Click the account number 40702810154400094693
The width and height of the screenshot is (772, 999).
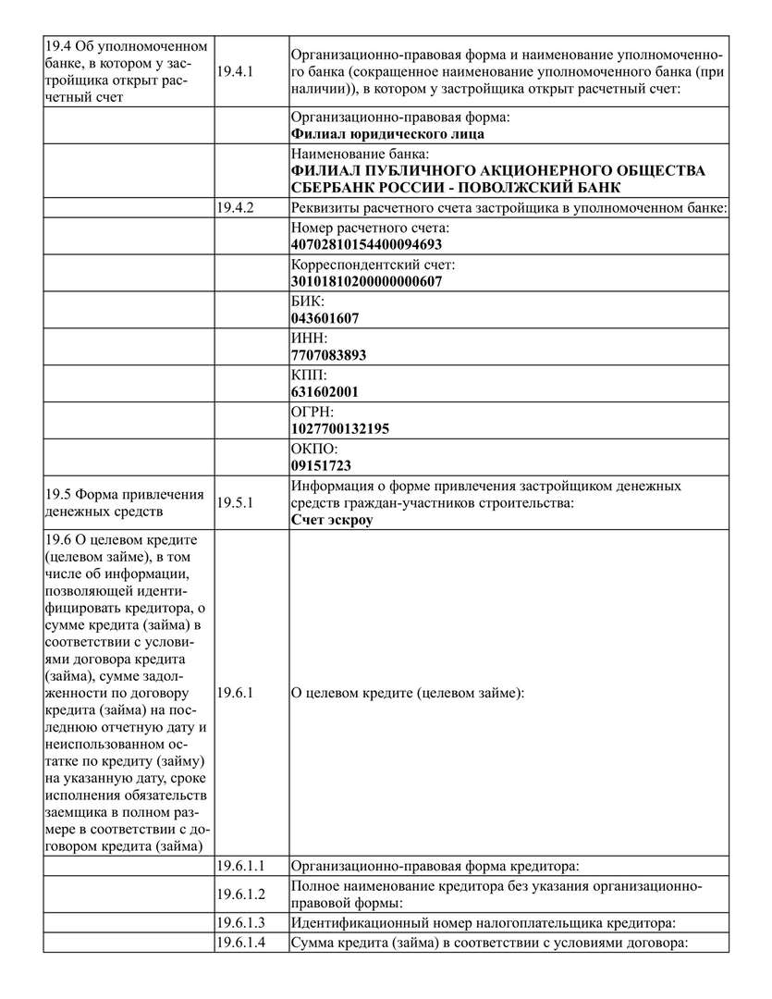(366, 245)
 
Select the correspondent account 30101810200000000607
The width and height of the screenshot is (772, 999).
(366, 282)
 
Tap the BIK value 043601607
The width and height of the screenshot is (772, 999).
(325, 318)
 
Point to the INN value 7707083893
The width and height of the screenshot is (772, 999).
(328, 355)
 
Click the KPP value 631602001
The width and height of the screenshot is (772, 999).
(325, 392)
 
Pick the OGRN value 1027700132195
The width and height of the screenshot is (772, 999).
(340, 429)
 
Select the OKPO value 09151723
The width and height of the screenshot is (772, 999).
(321, 465)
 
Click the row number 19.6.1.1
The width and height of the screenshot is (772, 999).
(240, 867)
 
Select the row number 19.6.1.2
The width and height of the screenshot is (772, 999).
(240, 894)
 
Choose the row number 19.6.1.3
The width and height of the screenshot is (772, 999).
(240, 923)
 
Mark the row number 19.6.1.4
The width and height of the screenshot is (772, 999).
(240, 943)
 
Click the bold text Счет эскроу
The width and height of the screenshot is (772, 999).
(332, 520)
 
